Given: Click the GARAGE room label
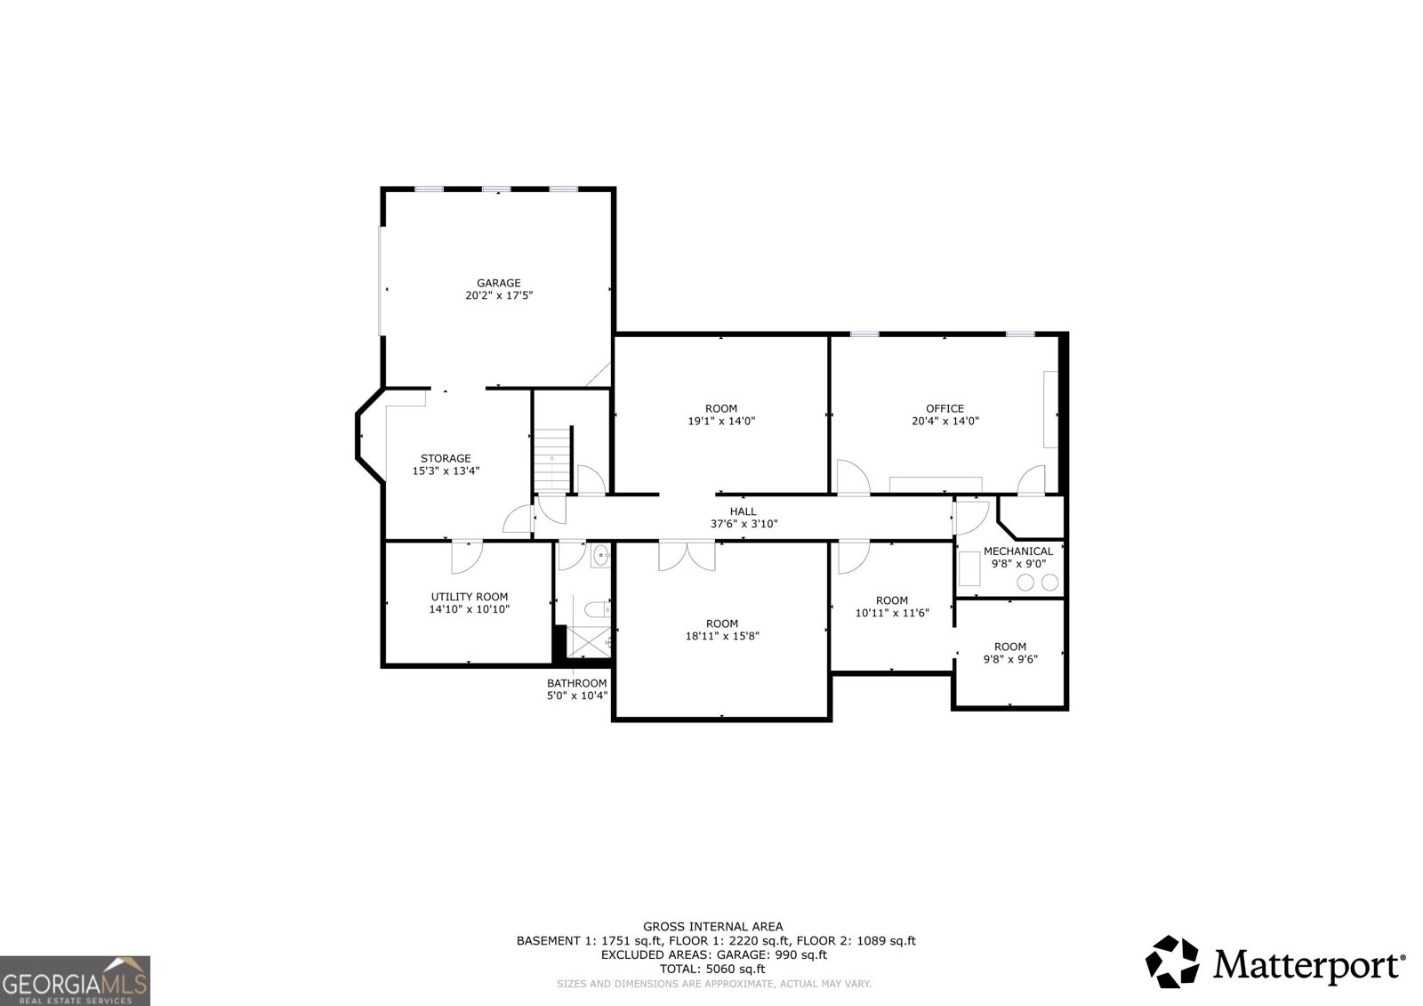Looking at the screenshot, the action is point(499,283).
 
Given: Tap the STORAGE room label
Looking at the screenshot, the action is point(446,458).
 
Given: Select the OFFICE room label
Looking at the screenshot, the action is point(945,408).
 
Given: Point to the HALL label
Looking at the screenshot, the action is point(744,511).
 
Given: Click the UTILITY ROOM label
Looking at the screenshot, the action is point(470,597).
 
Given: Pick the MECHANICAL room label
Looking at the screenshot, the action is point(1018,551).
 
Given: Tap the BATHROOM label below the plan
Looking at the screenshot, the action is point(577,683).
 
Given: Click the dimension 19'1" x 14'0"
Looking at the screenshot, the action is point(721,421).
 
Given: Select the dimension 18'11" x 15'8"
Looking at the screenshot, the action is point(722,635).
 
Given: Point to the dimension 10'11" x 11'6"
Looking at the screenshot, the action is point(892,613).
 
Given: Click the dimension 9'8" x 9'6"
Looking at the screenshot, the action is point(1010,659).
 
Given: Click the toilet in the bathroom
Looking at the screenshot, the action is point(597,610).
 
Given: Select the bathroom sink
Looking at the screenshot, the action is point(600,556).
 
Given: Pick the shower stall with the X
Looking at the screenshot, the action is point(588,642).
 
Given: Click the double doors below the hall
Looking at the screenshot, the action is point(687,555).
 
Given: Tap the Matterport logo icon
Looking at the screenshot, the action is point(1173,962).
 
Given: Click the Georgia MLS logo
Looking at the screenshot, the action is point(75,980).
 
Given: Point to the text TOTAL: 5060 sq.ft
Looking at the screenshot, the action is point(712,969).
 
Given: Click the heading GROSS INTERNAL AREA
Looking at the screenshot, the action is point(712,927).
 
